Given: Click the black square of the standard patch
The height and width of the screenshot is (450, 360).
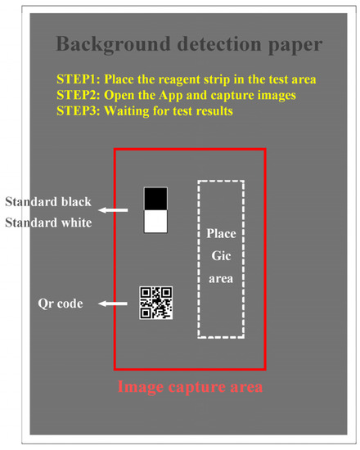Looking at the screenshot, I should tap(155, 199).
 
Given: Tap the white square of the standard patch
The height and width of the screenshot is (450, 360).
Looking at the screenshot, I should tap(155, 222).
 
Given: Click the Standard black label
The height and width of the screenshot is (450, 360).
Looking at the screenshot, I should tap(48, 202).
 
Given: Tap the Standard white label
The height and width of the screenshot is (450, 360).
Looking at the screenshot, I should tap(48, 221).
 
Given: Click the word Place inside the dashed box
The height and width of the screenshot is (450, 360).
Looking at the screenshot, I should tap(221, 234).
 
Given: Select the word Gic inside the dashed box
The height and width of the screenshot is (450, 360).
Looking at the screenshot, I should tap(221, 256).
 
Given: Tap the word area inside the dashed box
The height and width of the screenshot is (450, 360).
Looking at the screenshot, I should tap(221, 278).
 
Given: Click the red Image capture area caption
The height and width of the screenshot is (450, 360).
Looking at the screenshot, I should tap(190, 385).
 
